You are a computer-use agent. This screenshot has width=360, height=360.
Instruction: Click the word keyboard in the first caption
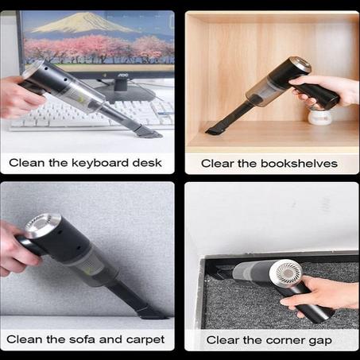click(100, 163)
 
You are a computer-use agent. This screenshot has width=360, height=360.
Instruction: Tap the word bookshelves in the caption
click(299, 164)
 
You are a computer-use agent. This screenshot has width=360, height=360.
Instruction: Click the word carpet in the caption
click(145, 340)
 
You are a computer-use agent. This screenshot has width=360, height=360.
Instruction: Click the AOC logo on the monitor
click(123, 75)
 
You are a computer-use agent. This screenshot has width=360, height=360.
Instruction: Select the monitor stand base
click(125, 93)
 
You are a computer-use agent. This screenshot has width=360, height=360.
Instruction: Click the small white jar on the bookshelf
click(320, 117)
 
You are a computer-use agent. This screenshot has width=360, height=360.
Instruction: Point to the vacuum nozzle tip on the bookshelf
click(211, 130)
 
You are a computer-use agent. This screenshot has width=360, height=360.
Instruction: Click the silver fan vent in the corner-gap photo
click(285, 272)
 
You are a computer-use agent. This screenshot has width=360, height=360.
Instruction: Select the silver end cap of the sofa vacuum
click(42, 225)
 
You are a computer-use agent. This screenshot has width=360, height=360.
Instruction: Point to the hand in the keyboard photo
click(20, 98)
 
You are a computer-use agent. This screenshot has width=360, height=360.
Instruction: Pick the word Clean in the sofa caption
click(24, 339)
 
